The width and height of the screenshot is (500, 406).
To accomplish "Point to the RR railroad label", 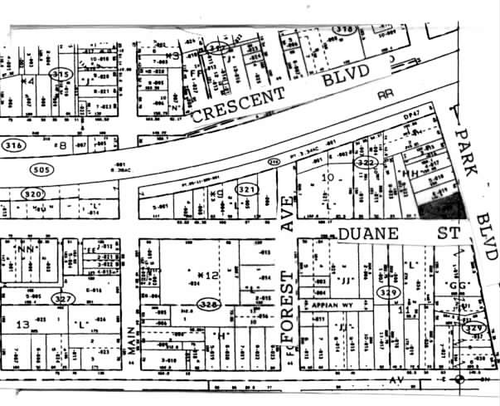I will tap(385, 94).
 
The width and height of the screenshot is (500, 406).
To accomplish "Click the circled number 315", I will tap(61, 75).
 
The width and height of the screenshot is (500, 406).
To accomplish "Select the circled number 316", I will tap(12, 146).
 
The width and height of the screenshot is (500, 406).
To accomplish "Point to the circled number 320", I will tap(32, 193).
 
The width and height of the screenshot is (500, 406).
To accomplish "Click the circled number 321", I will tap(246, 190).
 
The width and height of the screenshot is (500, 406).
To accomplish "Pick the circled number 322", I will tap(366, 164).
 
